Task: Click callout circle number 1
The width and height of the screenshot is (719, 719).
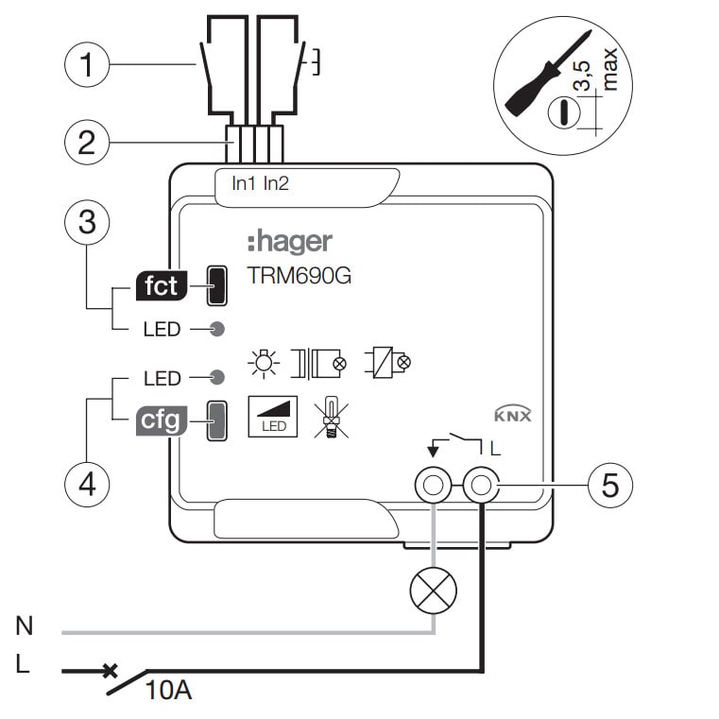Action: [87, 66]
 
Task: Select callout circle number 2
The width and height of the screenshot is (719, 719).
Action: [87, 144]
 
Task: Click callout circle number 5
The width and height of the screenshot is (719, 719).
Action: [610, 486]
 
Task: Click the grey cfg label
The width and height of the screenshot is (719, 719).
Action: [161, 420]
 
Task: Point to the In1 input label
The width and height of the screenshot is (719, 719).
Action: [245, 183]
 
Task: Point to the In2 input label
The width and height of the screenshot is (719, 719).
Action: [276, 183]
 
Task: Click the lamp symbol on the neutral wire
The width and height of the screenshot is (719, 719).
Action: [433, 591]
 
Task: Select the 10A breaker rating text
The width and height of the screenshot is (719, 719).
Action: [169, 691]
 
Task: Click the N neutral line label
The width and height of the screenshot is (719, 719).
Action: [25, 625]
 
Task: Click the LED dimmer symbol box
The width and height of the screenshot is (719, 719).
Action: [274, 417]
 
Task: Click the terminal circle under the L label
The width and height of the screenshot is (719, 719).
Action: [482, 487]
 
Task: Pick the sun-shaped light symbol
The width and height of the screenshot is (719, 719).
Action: [264, 362]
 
